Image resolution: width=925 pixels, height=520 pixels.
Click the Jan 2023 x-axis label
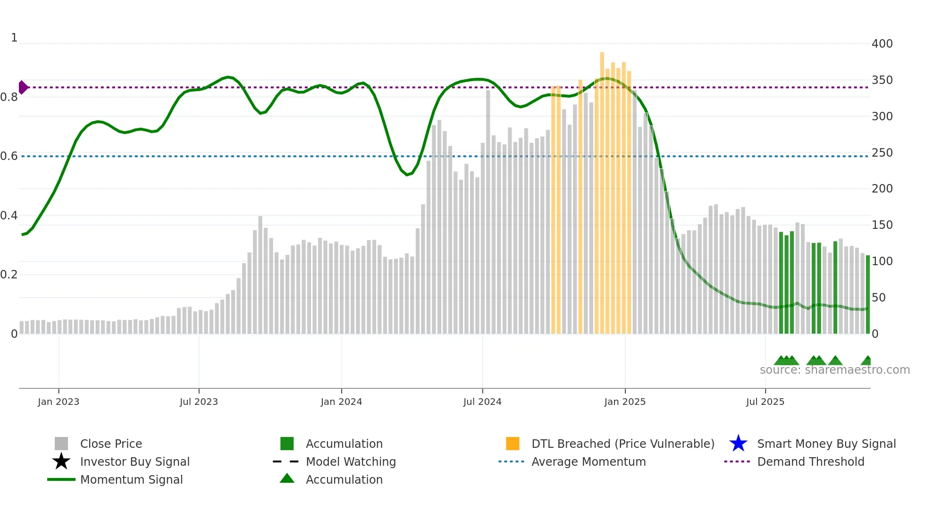59,402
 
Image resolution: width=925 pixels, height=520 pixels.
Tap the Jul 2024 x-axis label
482,402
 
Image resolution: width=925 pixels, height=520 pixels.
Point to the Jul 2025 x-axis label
765,402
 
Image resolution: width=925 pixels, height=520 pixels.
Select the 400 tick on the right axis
882,44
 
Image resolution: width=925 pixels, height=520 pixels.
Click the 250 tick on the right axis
882,153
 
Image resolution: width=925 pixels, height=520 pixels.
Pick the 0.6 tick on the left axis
9,156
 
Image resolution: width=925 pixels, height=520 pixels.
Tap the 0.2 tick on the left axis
9,275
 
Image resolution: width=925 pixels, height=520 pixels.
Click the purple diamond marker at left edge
23,87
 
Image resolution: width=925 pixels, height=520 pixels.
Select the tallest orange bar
602,189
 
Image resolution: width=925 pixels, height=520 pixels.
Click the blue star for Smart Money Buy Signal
738,444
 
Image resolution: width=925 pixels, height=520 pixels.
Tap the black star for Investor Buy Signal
61,461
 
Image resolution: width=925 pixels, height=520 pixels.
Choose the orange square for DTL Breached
513,444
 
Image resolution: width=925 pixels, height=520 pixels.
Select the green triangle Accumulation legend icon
287,478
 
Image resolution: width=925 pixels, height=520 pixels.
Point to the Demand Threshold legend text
810,461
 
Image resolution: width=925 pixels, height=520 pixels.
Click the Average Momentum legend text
589,461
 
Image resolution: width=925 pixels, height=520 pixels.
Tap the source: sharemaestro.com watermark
834,370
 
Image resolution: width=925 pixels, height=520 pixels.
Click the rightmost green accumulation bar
867,295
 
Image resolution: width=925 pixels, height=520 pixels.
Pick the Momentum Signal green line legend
61,479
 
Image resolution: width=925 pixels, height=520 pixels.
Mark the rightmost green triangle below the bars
867,361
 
